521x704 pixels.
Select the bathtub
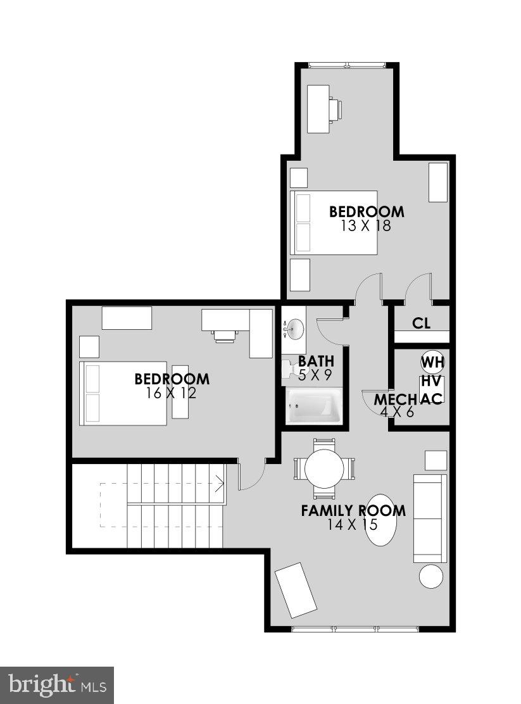(x=314, y=405)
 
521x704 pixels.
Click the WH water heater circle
(x=432, y=363)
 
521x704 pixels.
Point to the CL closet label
(x=421, y=324)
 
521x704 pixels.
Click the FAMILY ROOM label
(x=353, y=511)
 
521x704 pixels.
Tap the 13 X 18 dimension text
(x=365, y=225)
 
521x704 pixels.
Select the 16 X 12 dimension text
(x=171, y=393)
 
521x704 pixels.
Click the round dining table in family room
(x=323, y=468)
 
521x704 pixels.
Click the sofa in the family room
(x=430, y=518)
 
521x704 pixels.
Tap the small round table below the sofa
(x=432, y=577)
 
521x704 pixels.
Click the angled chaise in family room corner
(x=296, y=589)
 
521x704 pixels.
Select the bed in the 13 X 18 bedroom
(x=334, y=223)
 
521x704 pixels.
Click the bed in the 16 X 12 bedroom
(x=123, y=393)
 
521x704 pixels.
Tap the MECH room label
(x=394, y=400)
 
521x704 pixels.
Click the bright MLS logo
(x=57, y=685)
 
